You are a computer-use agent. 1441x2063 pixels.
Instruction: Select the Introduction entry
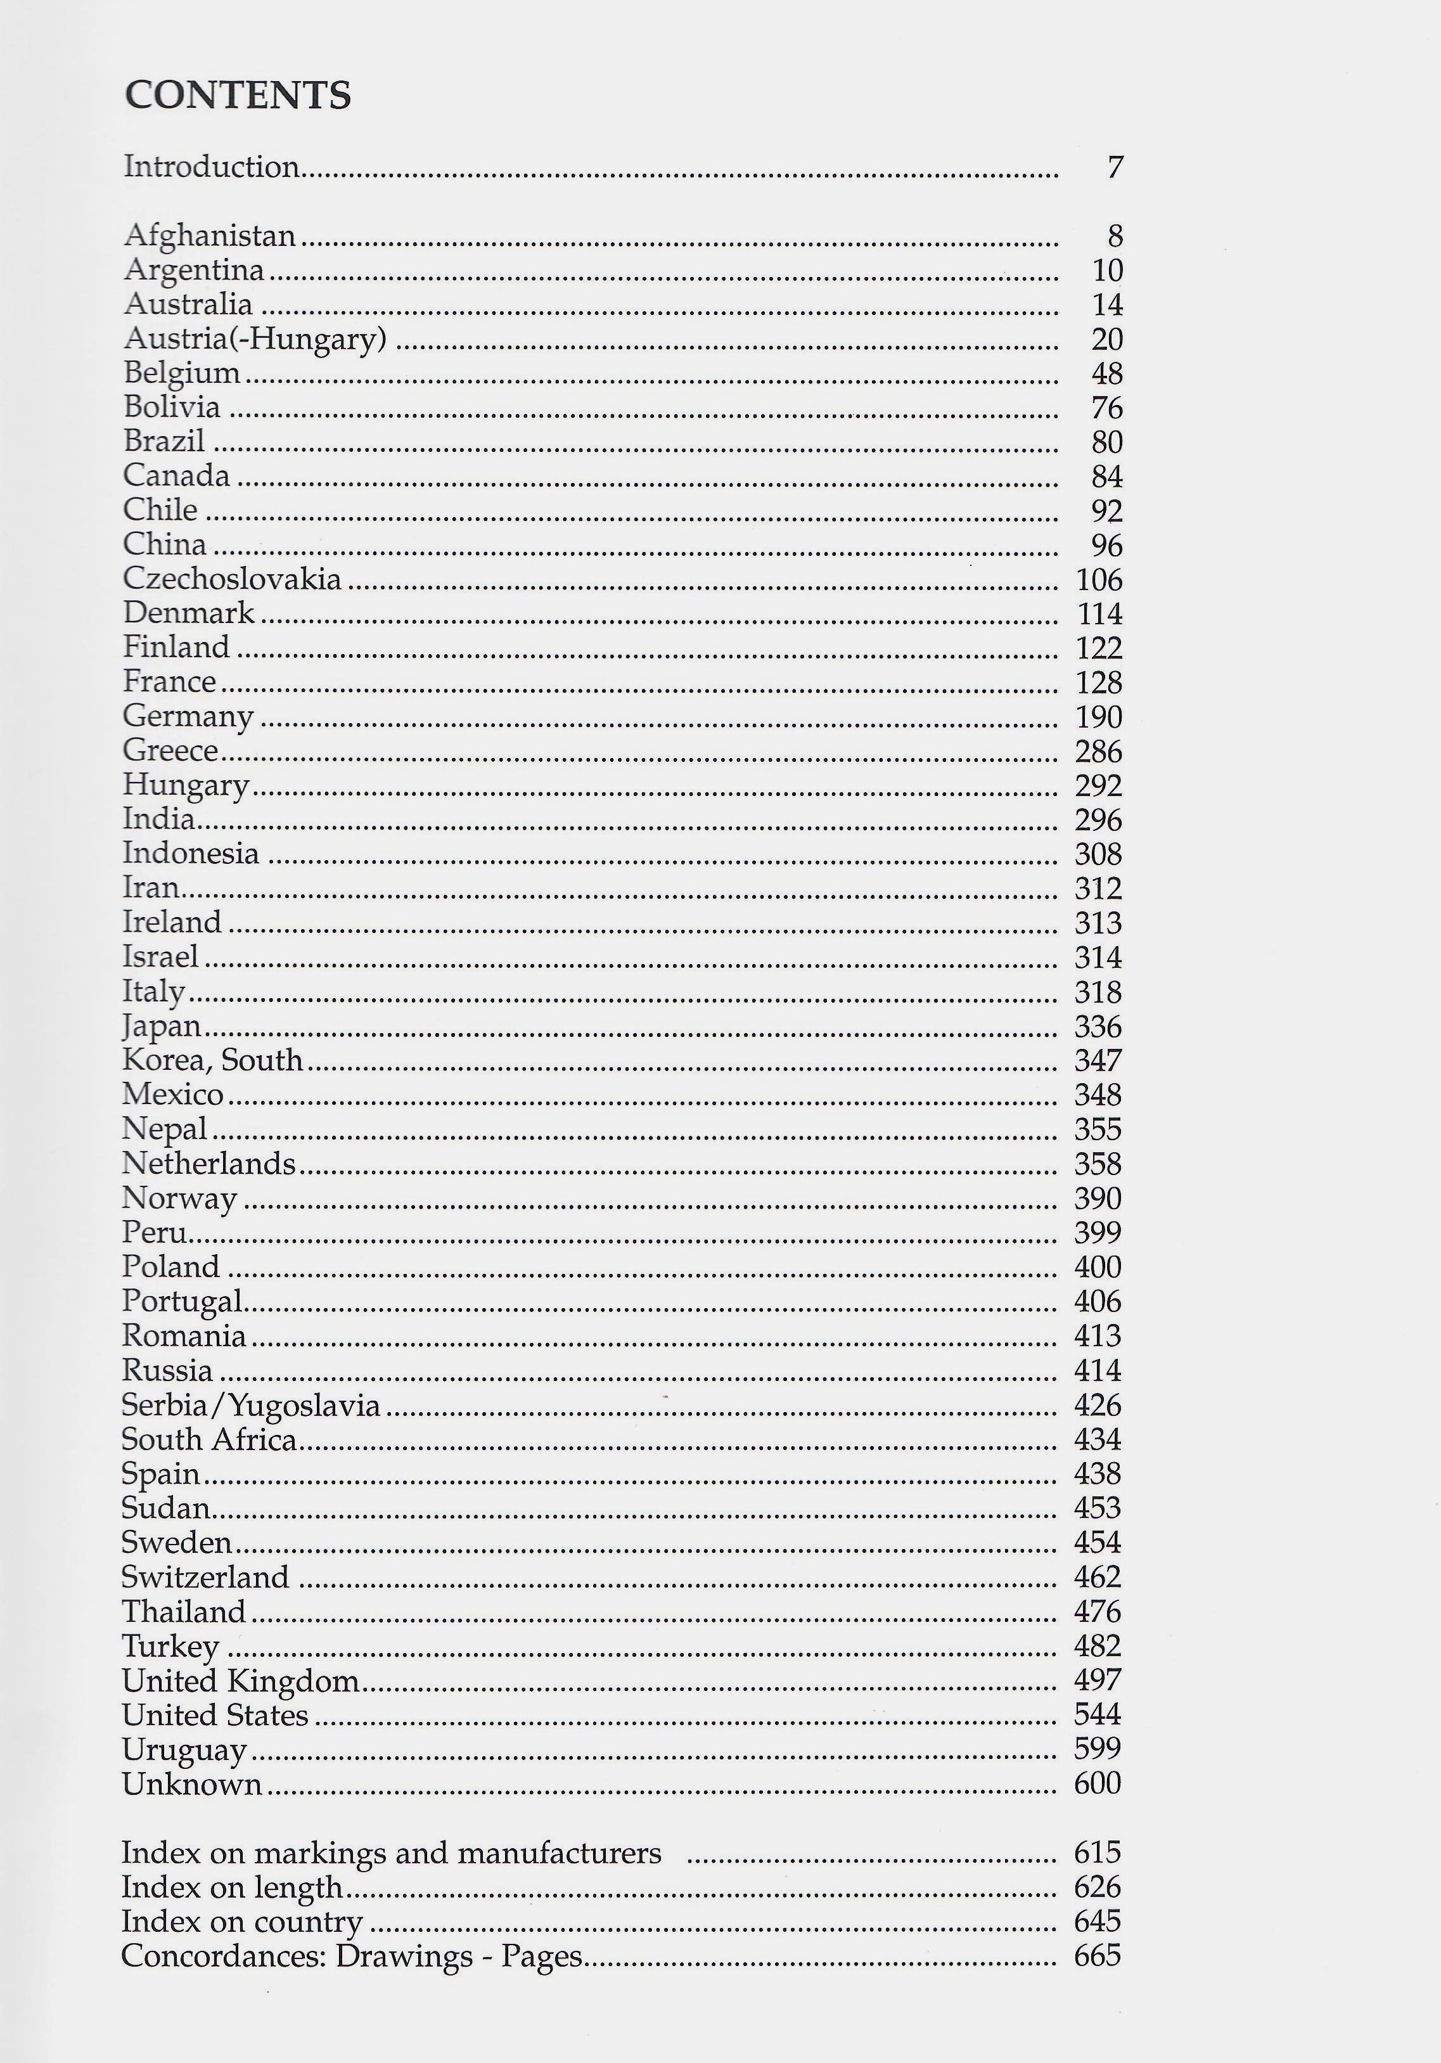[x=211, y=167]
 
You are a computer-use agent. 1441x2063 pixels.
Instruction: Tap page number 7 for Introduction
[x=1114, y=168]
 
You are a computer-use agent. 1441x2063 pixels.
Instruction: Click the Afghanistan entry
[x=209, y=235]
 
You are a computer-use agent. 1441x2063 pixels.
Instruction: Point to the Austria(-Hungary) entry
[x=255, y=338]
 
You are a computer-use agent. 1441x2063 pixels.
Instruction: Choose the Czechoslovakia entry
[x=232, y=579]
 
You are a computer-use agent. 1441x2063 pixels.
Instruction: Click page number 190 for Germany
[x=1099, y=717]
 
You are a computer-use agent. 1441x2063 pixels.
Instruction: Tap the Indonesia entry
[x=191, y=852]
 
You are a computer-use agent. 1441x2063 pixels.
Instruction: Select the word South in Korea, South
[x=262, y=1060]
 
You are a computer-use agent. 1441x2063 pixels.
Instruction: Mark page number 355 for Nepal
[x=1098, y=1129]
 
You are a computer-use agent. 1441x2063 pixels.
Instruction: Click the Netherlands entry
[x=208, y=1164]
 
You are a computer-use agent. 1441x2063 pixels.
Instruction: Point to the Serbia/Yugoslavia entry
[x=251, y=1405]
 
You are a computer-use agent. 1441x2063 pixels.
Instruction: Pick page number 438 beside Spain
[x=1098, y=1474]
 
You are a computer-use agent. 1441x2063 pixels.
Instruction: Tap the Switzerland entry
[x=205, y=1577]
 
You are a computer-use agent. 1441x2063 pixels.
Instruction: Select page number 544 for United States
[x=1098, y=1714]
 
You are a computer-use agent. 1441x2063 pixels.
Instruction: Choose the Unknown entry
[x=191, y=1783]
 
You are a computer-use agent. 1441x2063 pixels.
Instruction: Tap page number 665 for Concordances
[x=1098, y=1956]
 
